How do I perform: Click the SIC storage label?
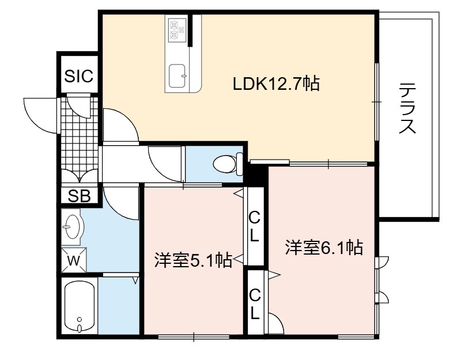coord(78,76)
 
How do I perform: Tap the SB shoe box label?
coord(79,196)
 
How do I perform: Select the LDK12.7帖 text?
coord(276,84)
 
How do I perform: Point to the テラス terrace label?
coord(407,108)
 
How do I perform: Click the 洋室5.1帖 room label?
coord(193,260)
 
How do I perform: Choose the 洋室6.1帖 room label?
coord(324,247)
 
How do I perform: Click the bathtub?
coord(80,306)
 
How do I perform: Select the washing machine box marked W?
coord(74,260)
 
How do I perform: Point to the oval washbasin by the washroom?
coord(73,226)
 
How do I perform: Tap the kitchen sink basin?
coord(177,75)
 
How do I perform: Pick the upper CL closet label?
coord(254,226)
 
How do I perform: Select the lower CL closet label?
coord(254,305)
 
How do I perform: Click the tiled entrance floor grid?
coord(80,134)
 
